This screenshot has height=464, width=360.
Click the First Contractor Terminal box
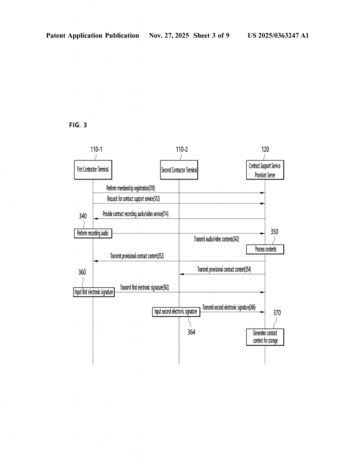click(93, 170)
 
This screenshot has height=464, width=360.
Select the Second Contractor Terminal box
click(179, 170)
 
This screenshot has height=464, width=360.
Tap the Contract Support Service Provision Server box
click(265, 170)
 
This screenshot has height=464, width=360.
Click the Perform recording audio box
click(93, 233)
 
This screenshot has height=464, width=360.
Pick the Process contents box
click(265, 249)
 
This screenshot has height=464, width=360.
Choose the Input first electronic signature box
click(94, 292)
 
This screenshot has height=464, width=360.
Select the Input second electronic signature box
click(175, 312)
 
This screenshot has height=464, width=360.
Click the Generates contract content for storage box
click(265, 337)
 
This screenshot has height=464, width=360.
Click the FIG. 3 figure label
click(78, 125)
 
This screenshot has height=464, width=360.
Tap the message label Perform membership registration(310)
click(131, 188)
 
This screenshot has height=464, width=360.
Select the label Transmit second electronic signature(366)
click(229, 307)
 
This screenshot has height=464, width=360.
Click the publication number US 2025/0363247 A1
click(278, 35)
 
